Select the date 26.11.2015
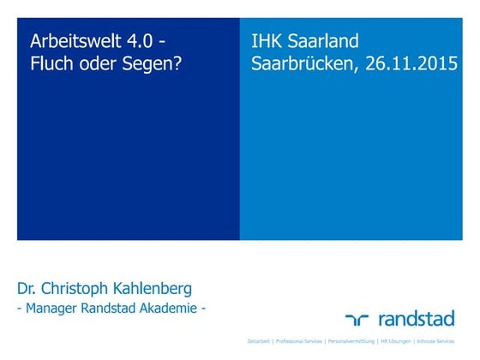point(403,63)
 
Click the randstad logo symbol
point(357,319)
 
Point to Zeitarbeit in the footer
point(259,341)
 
